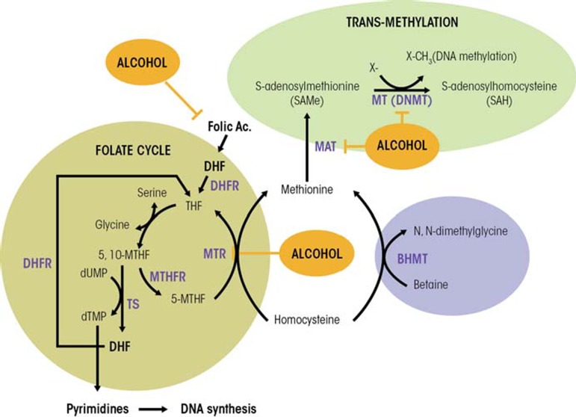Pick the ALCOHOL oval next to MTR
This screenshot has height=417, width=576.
[x=312, y=253]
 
